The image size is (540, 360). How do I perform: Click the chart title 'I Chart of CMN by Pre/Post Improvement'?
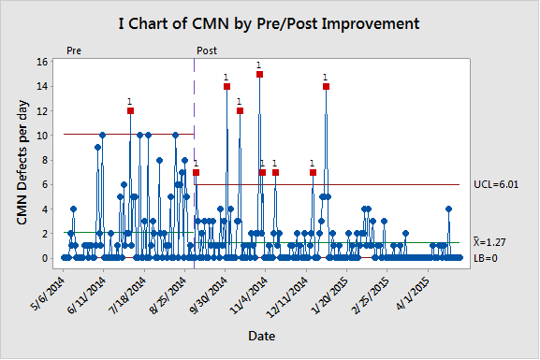(270, 22)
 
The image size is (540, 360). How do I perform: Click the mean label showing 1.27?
(493, 242)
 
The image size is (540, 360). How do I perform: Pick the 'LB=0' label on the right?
(487, 258)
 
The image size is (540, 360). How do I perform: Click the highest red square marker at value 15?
(259, 74)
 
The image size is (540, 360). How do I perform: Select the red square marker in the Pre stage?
(130, 110)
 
